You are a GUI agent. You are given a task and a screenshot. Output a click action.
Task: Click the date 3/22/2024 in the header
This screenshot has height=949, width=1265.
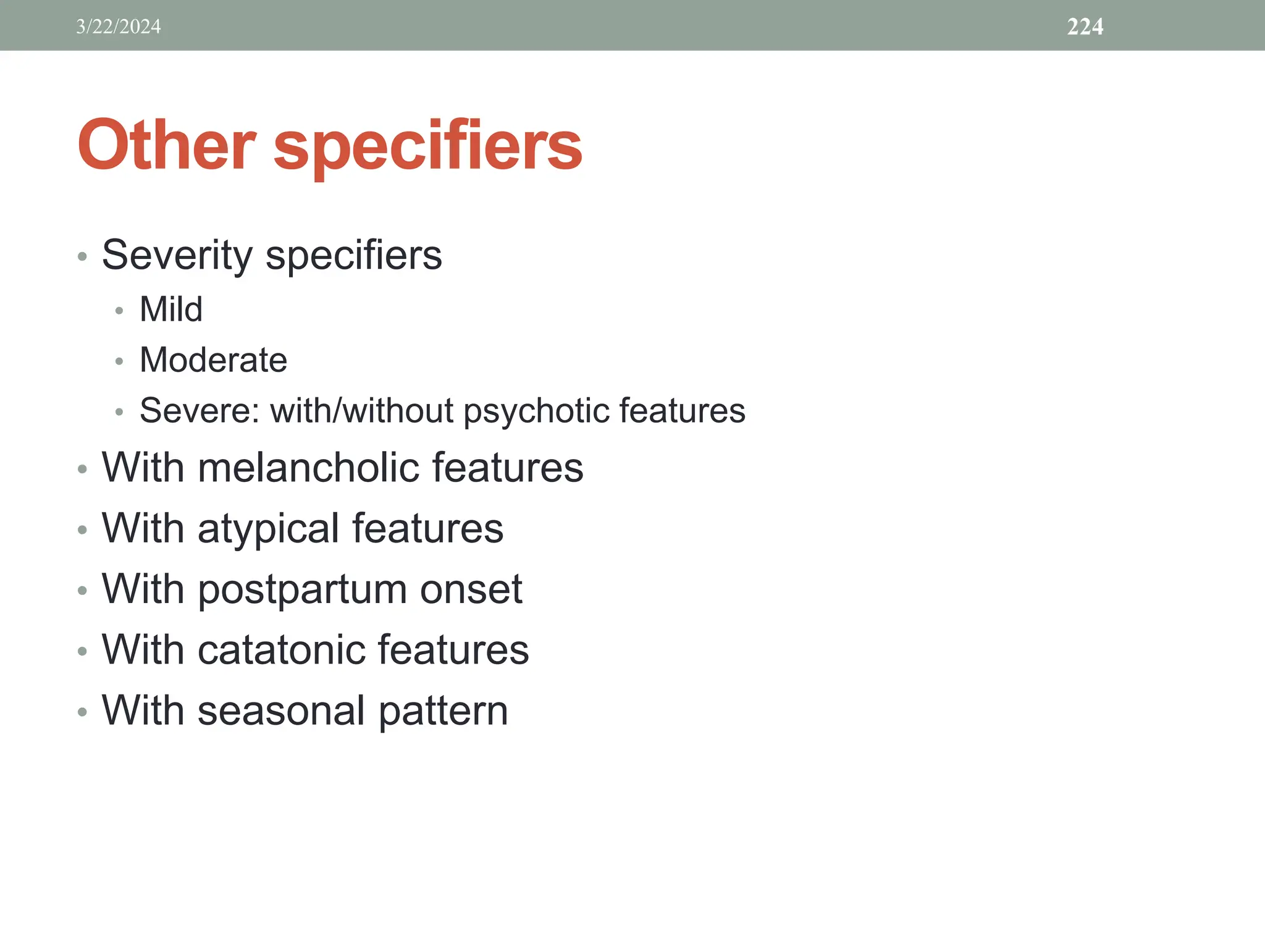(119, 27)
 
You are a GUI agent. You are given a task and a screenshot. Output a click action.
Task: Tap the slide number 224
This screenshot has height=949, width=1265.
(1085, 27)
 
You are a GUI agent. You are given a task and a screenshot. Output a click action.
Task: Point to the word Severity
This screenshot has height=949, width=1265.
(177, 255)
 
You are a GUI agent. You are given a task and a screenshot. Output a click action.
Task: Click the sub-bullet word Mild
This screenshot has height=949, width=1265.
(171, 309)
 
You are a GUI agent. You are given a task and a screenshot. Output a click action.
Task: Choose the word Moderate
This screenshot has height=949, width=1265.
(213, 360)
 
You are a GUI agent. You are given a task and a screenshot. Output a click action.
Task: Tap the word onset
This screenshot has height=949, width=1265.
(471, 589)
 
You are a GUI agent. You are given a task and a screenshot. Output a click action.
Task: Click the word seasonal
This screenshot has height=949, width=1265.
(281, 711)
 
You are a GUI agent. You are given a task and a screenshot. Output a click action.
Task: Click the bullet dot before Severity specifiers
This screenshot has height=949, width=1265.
(83, 256)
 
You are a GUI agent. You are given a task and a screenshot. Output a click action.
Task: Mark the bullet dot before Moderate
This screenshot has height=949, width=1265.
(119, 361)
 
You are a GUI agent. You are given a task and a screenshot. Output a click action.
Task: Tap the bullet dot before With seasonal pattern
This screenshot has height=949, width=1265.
(83, 712)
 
